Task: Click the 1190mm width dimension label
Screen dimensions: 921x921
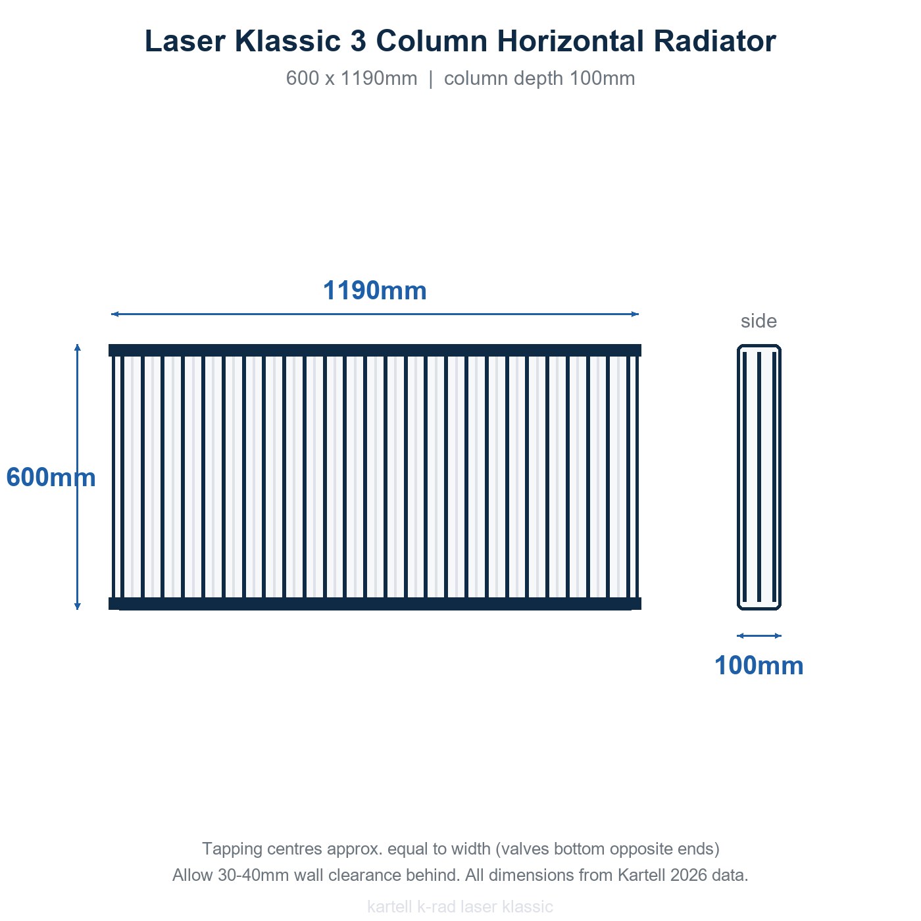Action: (375, 291)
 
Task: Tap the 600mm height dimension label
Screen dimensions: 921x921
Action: (51, 477)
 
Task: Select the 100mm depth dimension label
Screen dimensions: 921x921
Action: (759, 665)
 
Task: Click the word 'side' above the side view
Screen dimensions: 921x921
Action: (759, 321)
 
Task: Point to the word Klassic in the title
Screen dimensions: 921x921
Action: (287, 41)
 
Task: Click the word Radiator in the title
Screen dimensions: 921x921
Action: (714, 41)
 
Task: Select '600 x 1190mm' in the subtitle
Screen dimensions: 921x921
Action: (351, 78)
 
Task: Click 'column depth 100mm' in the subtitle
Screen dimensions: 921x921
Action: (539, 78)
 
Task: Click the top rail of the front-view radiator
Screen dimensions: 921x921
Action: (375, 351)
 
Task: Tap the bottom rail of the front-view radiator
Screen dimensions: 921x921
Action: (375, 604)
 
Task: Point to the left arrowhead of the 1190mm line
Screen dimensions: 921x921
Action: (114, 314)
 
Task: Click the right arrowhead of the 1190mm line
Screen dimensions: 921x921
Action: (635, 314)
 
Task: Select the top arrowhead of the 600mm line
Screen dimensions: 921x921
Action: (78, 347)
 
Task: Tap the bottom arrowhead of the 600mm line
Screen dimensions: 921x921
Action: (78, 607)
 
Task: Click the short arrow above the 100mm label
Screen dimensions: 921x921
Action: (759, 635)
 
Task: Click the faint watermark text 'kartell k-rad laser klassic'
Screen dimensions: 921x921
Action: (460, 907)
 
